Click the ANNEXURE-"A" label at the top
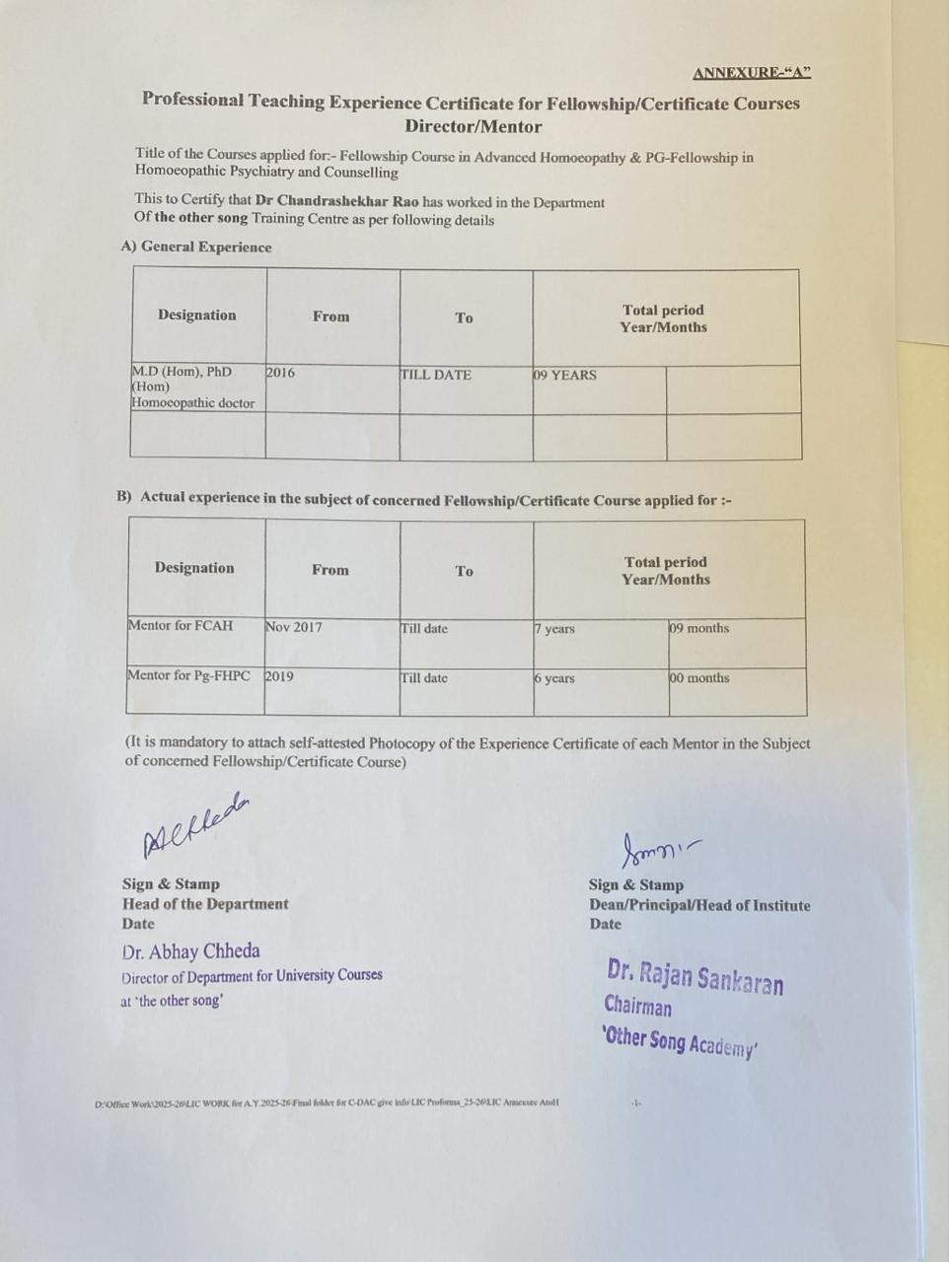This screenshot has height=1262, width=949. click(x=751, y=73)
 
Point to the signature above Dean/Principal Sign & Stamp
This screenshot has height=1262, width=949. click(x=657, y=848)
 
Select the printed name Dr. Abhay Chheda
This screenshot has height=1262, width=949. click(x=191, y=951)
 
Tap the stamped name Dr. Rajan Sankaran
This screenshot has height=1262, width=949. click(x=695, y=976)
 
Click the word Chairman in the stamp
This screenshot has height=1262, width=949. click(x=637, y=1007)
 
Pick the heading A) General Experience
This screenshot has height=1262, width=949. click(x=195, y=246)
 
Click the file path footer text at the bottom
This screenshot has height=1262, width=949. click(x=327, y=1102)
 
